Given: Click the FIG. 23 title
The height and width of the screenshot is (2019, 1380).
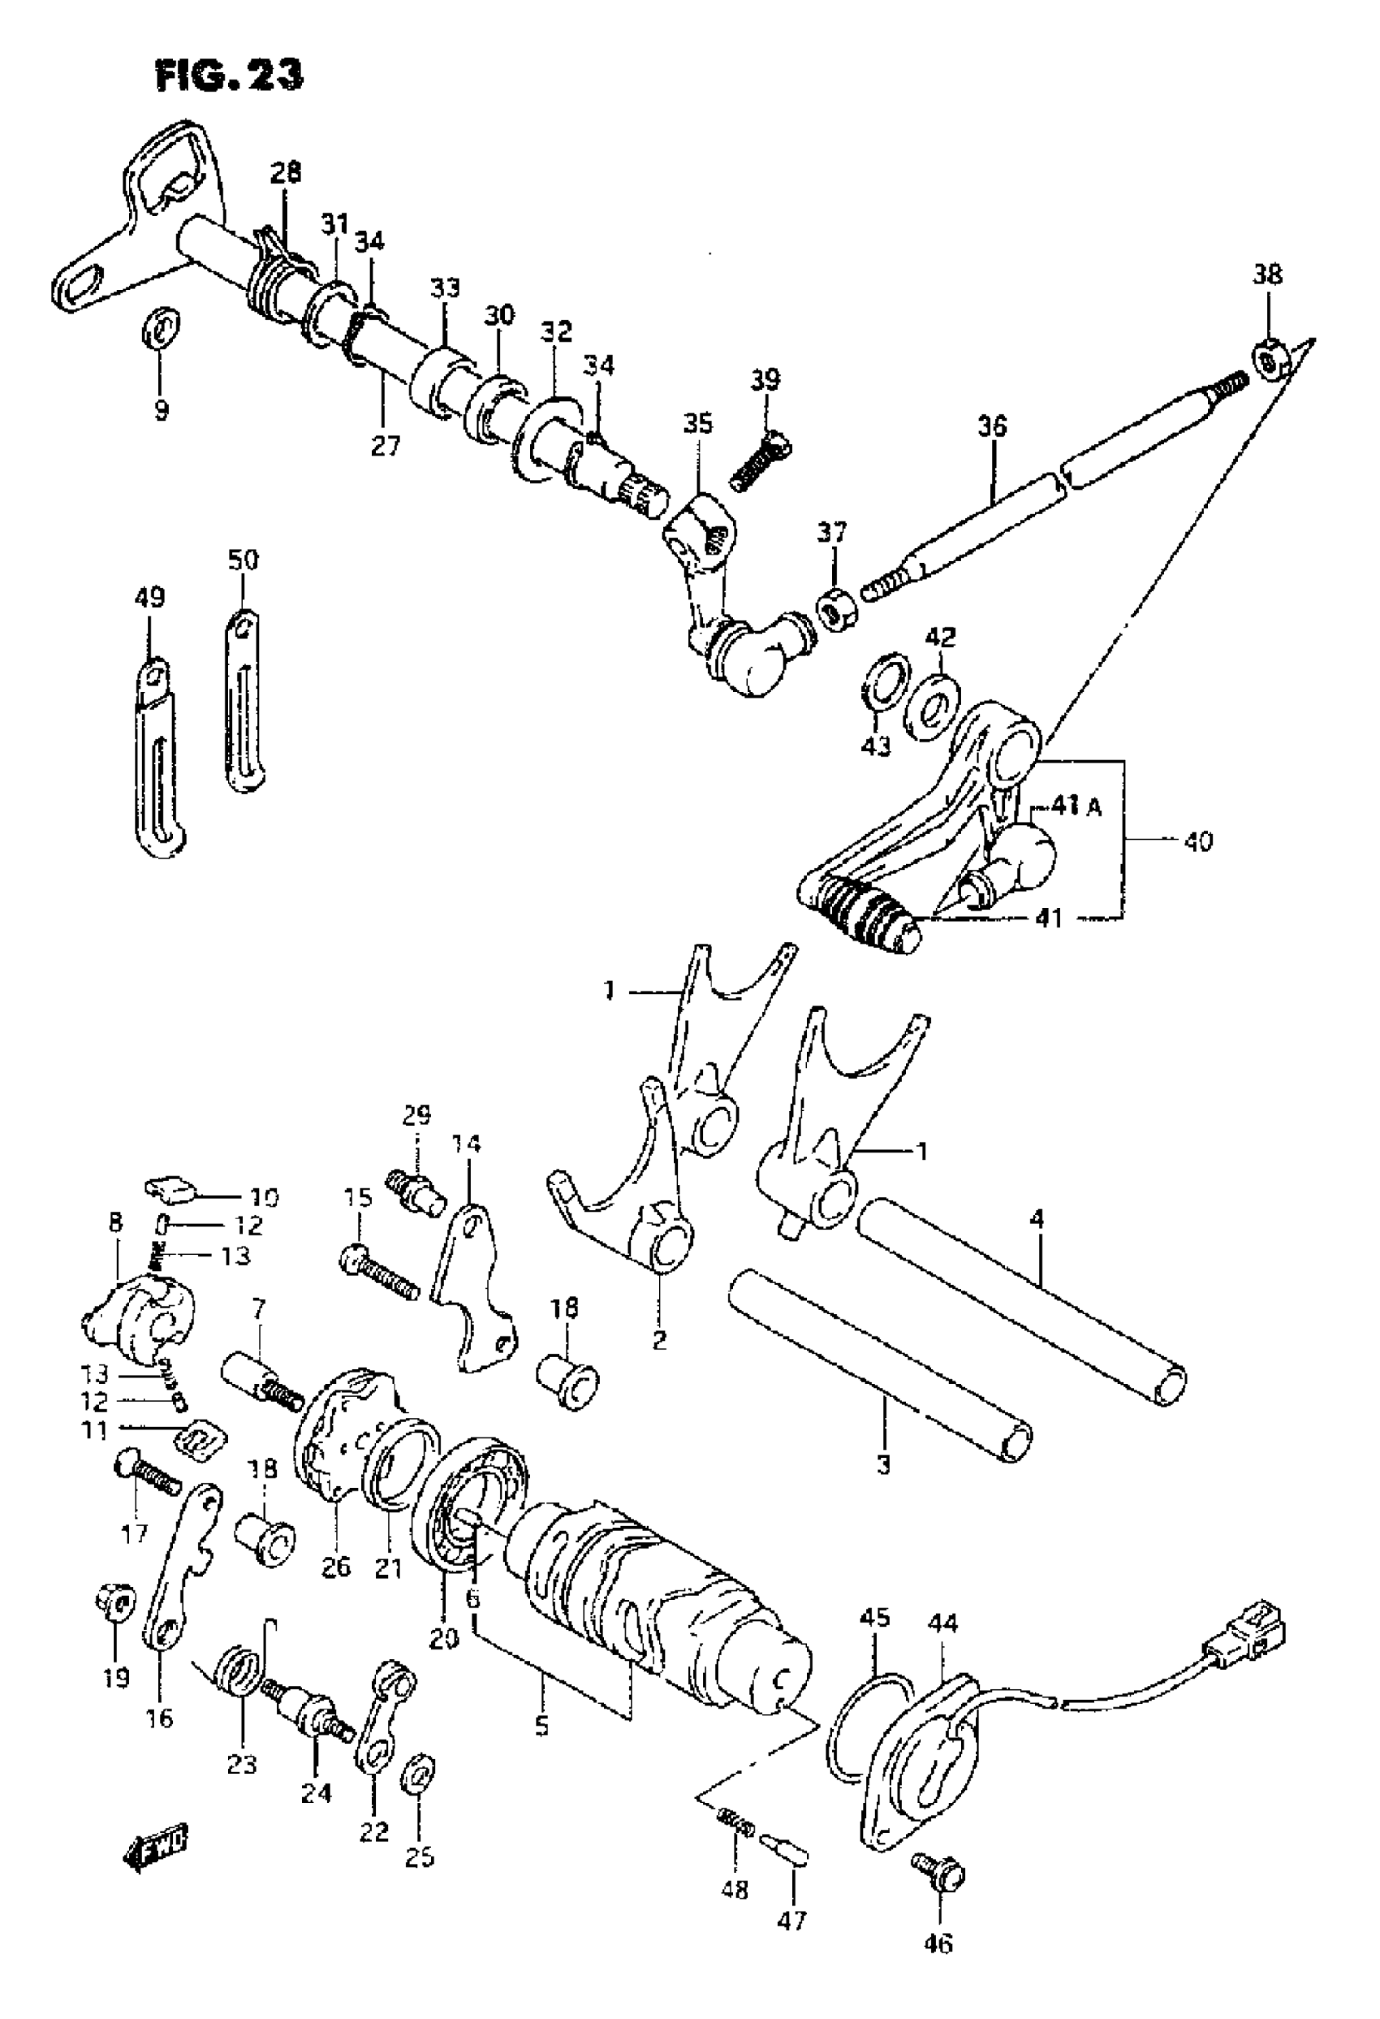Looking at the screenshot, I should (x=229, y=76).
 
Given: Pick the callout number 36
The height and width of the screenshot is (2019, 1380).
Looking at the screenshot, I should (x=992, y=426).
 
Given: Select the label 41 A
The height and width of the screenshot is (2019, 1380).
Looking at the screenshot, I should (x=1077, y=807).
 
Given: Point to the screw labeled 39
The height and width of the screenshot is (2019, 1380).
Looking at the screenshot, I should (x=760, y=460).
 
